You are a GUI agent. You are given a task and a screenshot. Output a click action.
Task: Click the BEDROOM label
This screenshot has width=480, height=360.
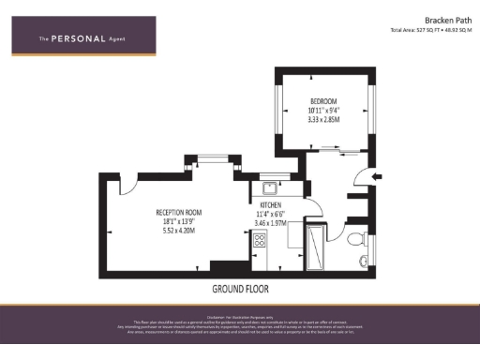(323, 100)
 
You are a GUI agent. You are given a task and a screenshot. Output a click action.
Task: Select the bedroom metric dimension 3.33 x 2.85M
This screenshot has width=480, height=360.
(323, 119)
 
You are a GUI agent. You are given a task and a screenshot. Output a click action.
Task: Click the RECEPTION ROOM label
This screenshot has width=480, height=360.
(178, 213)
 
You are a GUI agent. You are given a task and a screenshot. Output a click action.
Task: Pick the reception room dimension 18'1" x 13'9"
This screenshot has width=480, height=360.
(178, 221)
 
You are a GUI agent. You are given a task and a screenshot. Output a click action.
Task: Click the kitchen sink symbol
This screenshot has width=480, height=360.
(268, 186)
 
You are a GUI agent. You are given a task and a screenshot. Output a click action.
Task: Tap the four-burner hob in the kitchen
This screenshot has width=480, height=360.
(260, 241)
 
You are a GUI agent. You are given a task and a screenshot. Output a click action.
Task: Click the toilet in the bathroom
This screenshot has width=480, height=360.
(353, 240)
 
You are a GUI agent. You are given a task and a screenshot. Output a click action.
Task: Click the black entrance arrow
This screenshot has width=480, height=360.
(377, 175)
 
